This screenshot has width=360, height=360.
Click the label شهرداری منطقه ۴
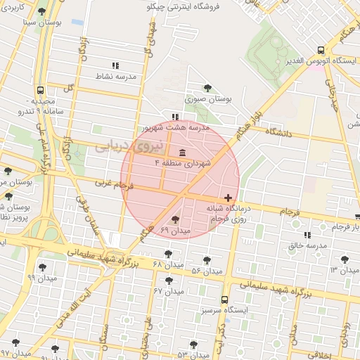188,164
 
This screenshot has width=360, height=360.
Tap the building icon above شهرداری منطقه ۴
183,153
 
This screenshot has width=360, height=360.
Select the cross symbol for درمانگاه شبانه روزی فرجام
228,198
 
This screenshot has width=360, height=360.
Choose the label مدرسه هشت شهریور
176,128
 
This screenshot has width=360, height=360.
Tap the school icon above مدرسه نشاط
115,65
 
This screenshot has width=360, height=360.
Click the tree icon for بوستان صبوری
207,88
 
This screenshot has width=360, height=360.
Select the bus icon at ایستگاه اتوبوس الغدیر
321,50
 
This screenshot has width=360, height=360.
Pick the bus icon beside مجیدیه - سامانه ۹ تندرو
40,91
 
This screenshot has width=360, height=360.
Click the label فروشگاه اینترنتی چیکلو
182,7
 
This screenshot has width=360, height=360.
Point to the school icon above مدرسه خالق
307,235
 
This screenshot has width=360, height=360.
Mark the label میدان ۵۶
207,271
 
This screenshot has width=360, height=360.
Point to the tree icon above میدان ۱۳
345,259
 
